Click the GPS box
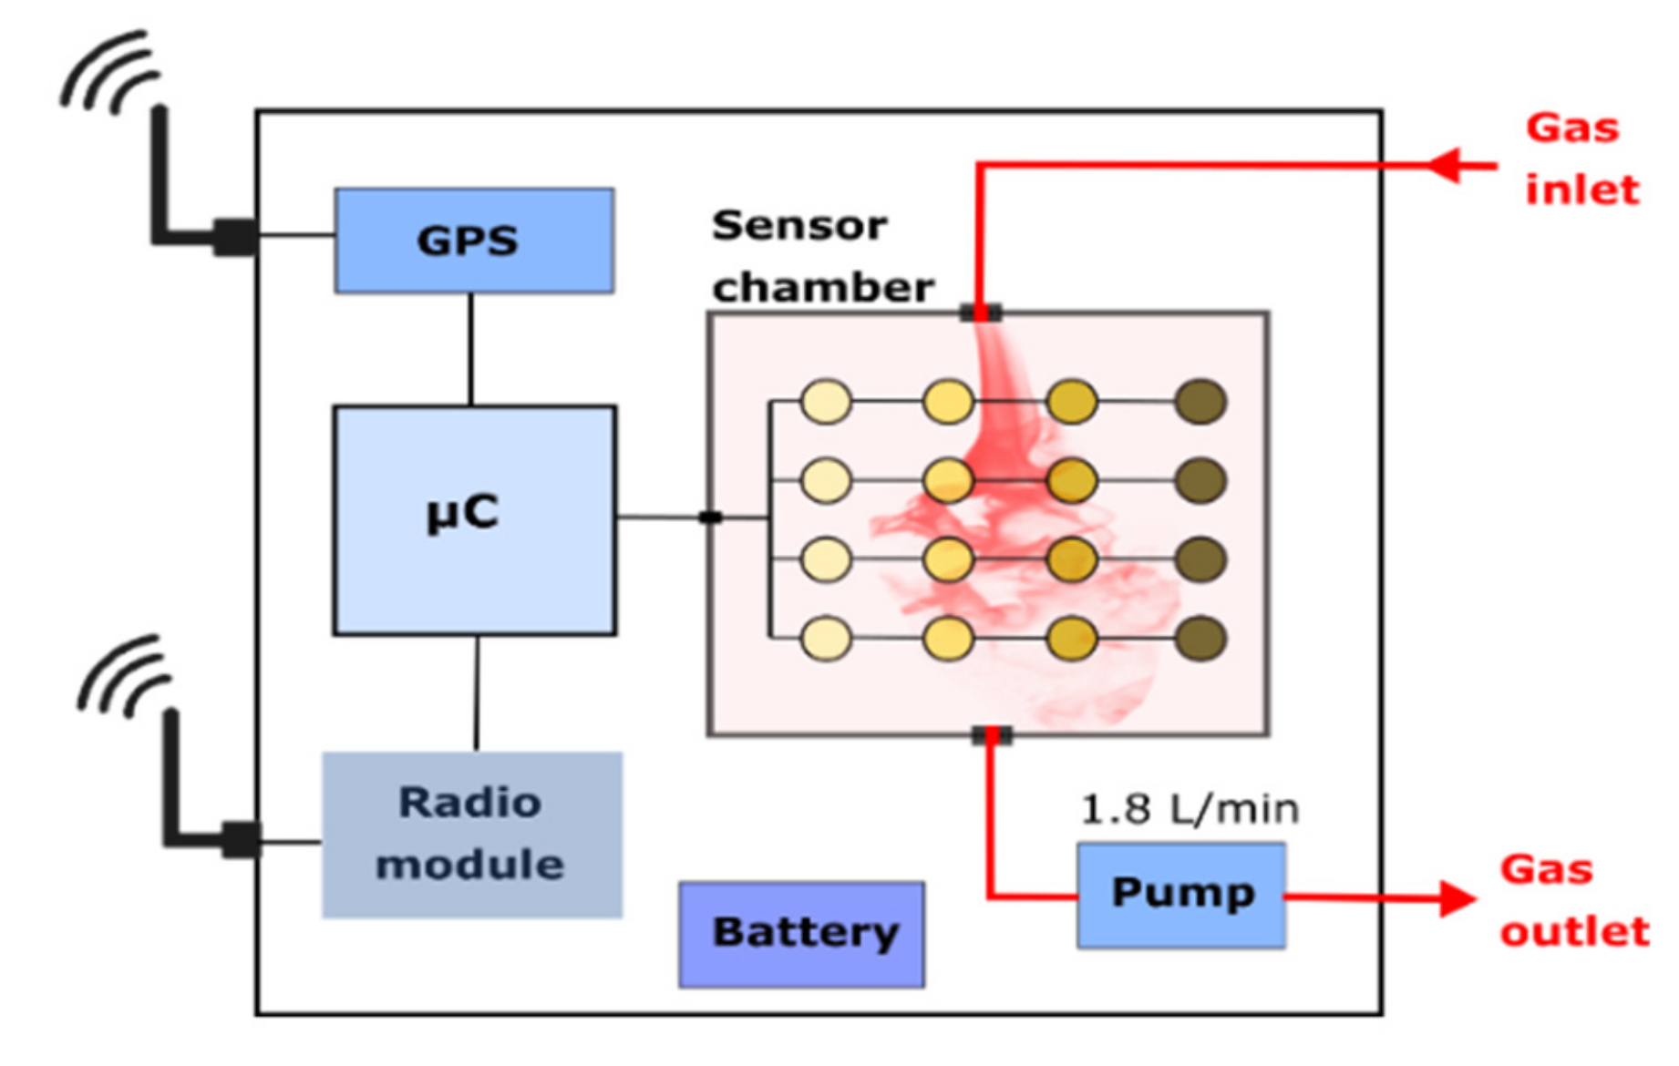point(474,241)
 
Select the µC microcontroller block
point(474,519)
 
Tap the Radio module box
point(472,834)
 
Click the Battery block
point(801,934)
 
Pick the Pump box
point(1181,895)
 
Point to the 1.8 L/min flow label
point(1189,809)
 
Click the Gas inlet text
point(1581,159)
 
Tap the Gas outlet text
point(1574,900)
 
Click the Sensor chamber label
point(821,256)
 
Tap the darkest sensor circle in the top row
point(1200,402)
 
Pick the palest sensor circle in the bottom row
point(826,638)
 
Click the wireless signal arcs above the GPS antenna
point(109,73)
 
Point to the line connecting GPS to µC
point(470,349)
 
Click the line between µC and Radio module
point(476,692)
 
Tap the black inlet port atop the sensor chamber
point(980,313)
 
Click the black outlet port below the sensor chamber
point(991,735)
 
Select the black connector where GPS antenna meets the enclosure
point(235,237)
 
